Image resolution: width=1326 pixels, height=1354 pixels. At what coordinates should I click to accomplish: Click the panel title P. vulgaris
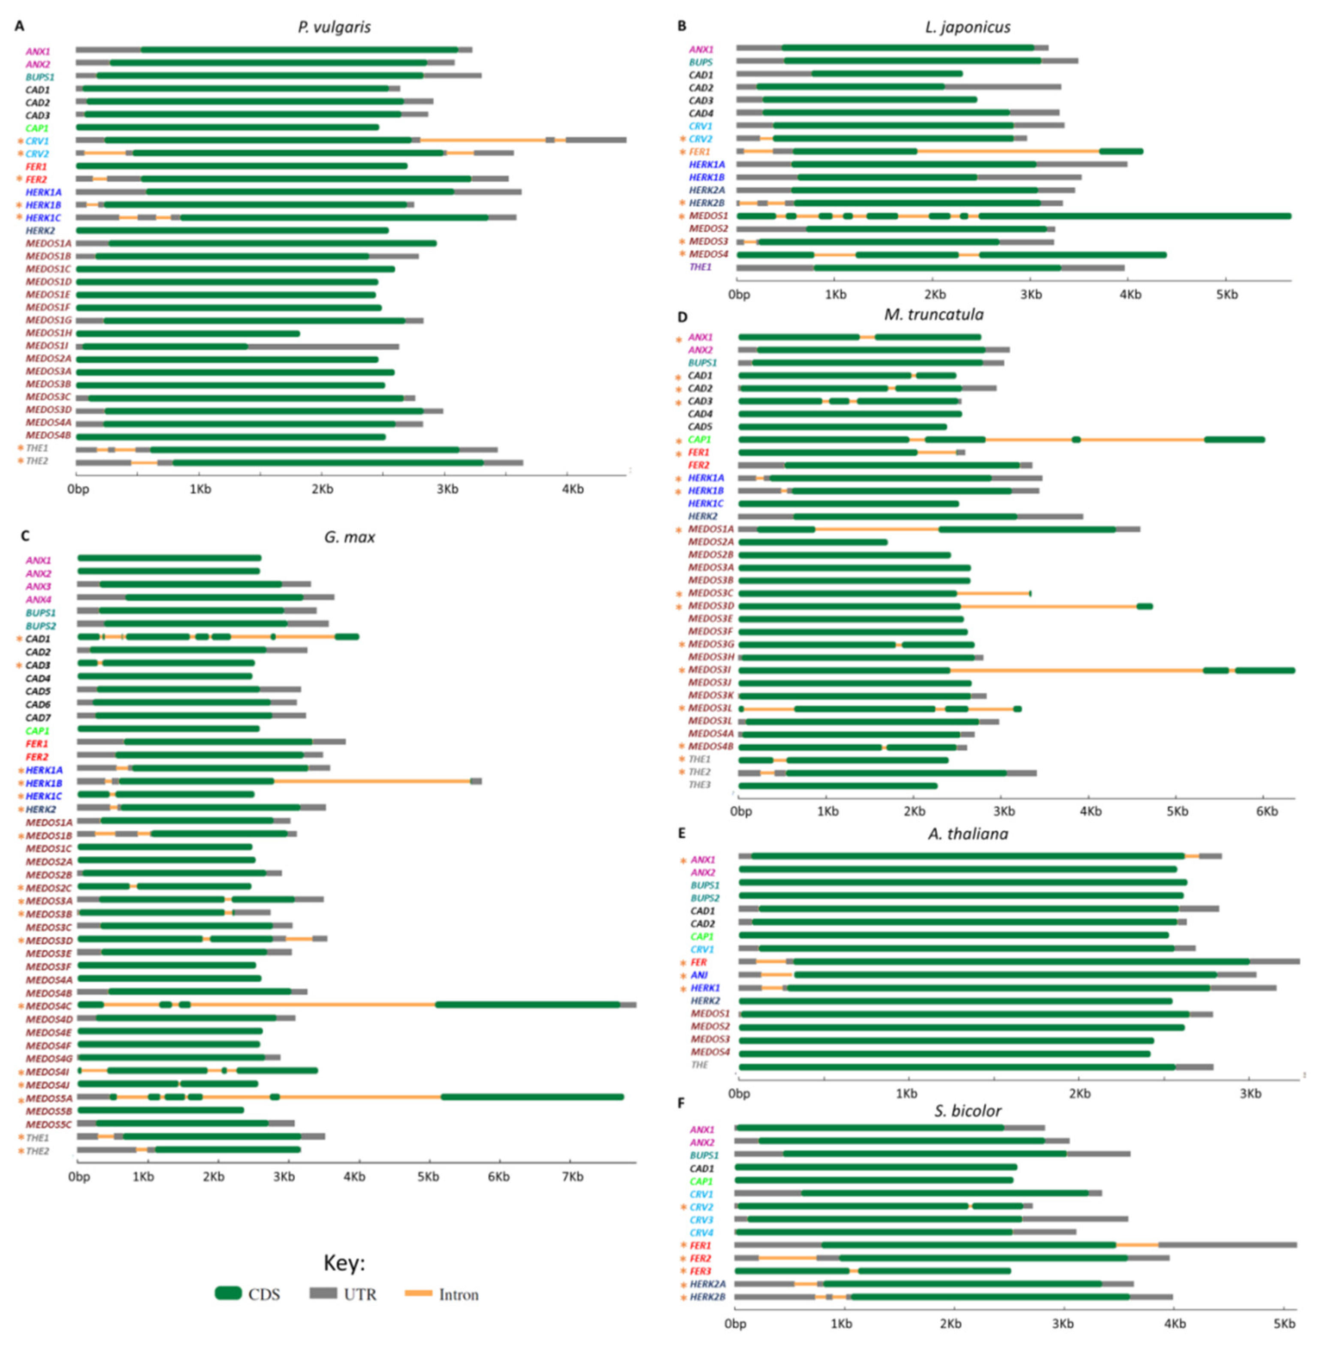point(334,27)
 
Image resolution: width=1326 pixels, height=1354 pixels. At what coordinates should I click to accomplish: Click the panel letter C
point(25,536)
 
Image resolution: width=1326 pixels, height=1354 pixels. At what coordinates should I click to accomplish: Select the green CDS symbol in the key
point(228,1293)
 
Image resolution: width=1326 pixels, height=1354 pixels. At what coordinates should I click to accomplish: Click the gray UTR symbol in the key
point(323,1293)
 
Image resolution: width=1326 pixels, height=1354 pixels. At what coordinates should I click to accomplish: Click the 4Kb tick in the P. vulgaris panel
point(572,489)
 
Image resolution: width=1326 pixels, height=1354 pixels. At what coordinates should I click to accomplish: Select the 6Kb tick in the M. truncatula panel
point(1266,811)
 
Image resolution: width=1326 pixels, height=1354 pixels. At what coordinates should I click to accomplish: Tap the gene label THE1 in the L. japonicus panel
point(700,267)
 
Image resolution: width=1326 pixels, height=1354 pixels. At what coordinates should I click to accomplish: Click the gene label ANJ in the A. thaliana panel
point(699,975)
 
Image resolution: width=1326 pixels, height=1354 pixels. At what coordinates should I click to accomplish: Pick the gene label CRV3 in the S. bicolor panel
point(701,1219)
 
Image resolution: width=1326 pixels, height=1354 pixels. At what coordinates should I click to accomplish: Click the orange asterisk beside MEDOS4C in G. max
point(20,1006)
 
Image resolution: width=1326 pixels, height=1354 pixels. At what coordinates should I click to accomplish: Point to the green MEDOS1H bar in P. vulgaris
point(188,333)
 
